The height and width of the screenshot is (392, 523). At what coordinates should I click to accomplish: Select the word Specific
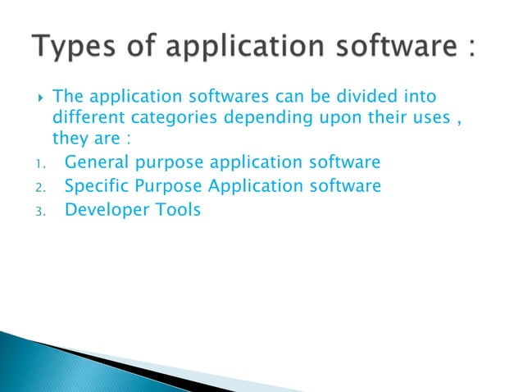point(94,186)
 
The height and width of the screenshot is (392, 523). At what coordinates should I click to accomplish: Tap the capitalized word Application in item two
point(260,186)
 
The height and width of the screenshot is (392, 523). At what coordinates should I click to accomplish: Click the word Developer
point(104,210)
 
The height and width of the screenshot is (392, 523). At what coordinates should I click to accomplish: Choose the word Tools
point(176,209)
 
